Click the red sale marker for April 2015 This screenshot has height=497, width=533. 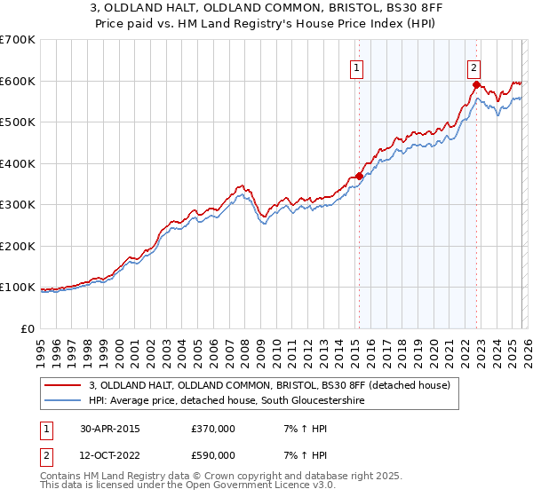pos(359,176)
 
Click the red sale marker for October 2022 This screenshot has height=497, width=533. pos(476,85)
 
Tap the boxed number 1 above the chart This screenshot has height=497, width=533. pos(356,66)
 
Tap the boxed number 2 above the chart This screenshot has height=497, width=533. pos(474,66)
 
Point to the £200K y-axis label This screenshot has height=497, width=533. pos(18,246)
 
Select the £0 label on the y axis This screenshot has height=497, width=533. pos(28,328)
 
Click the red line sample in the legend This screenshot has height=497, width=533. pos(63,385)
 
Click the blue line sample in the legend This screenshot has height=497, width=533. pos(63,401)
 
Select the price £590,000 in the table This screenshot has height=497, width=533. pos(212,455)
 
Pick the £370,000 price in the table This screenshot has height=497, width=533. pos(212,429)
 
